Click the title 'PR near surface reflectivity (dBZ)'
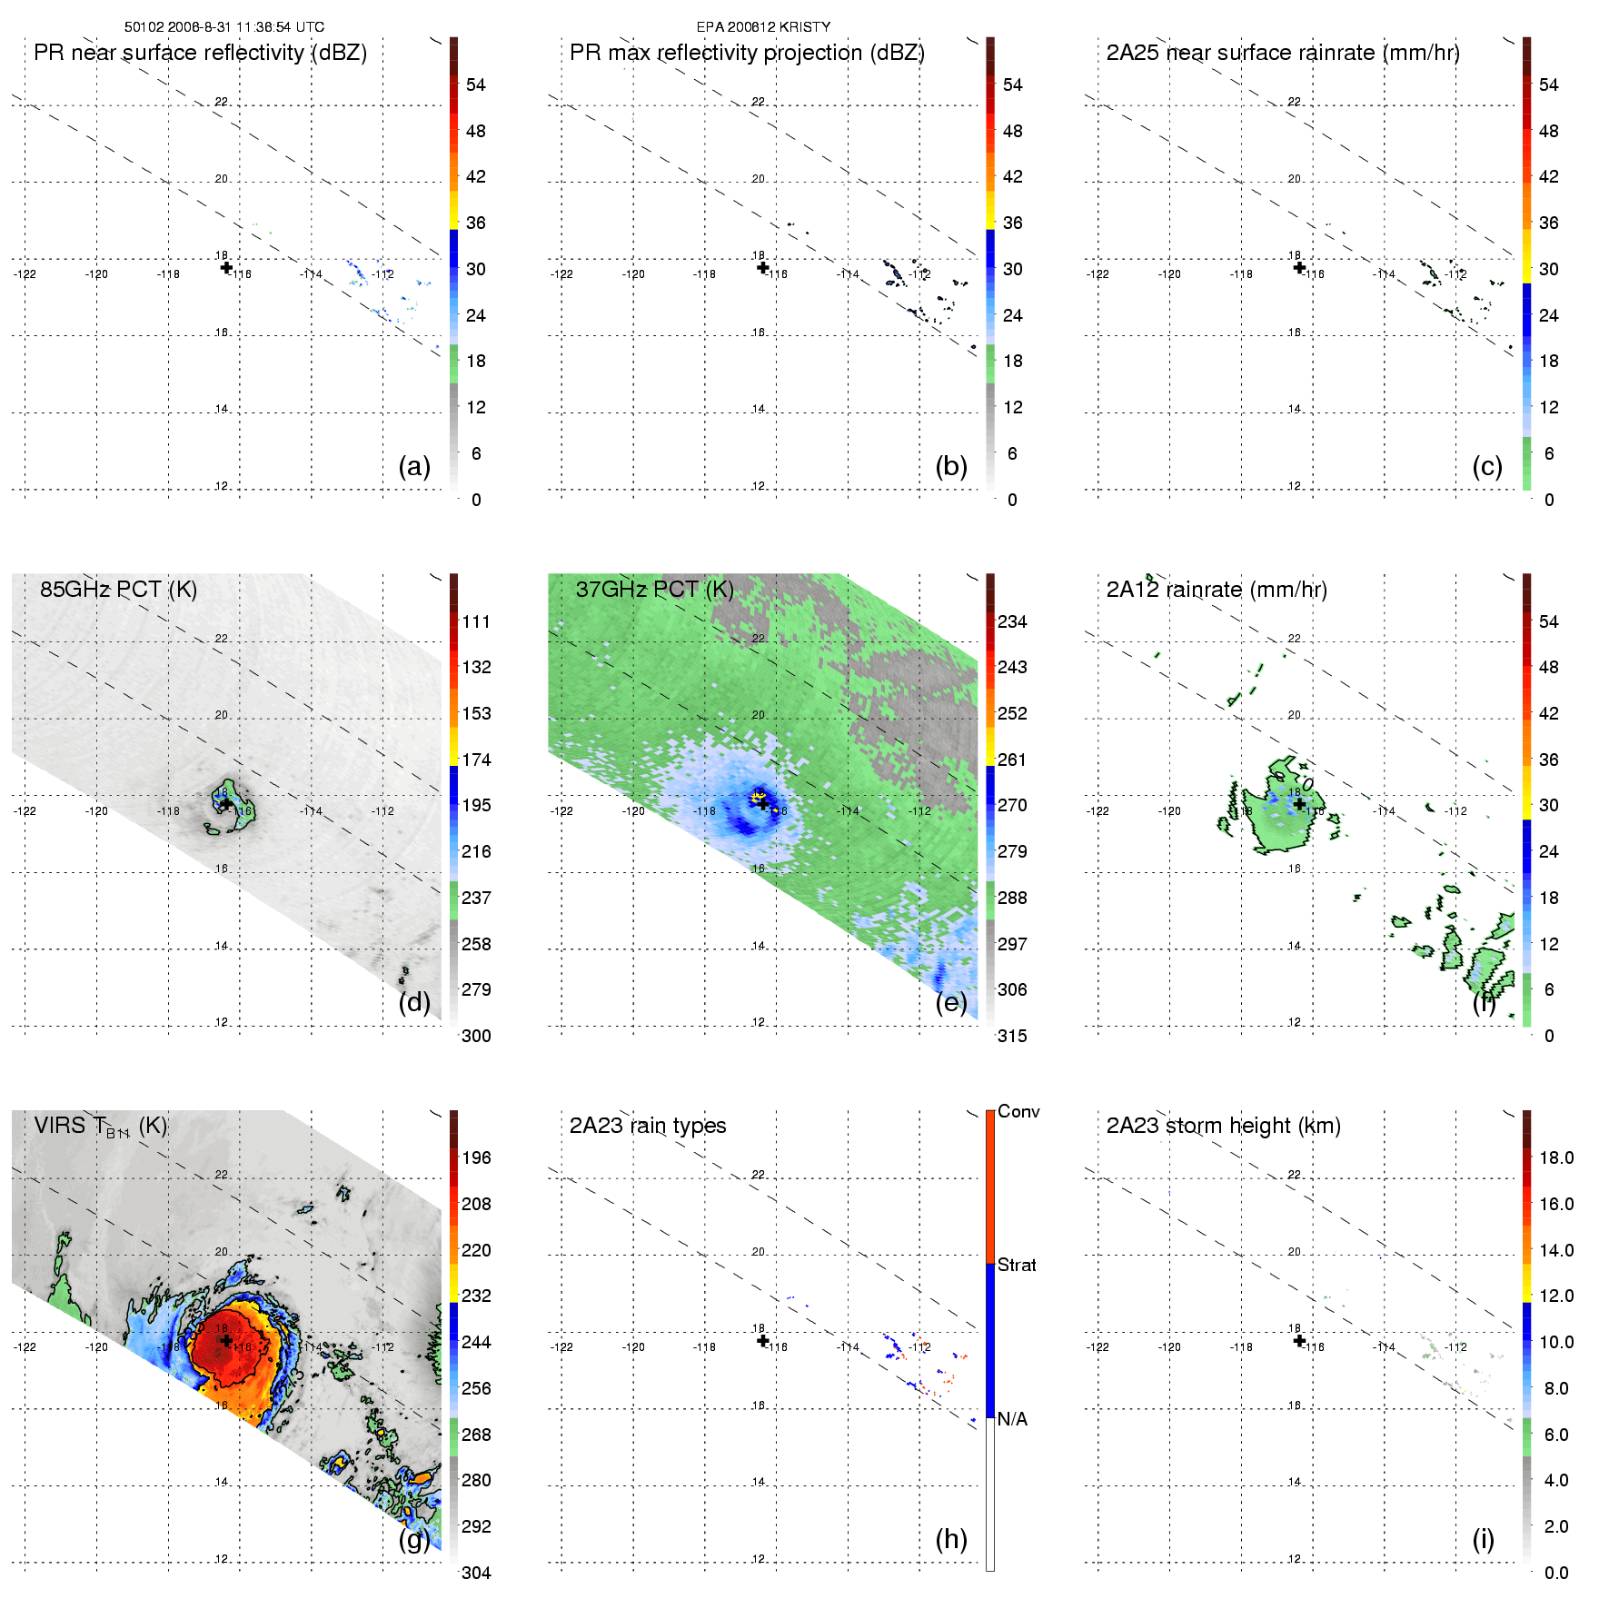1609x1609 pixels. [x=200, y=53]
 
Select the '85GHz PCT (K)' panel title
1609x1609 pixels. [x=118, y=590]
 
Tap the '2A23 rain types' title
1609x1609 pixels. [x=648, y=1126]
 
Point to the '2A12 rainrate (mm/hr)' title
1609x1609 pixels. [x=1217, y=590]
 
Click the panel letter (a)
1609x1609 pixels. [x=414, y=467]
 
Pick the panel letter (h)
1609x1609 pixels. [x=951, y=1539]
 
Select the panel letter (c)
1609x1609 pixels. [x=1487, y=467]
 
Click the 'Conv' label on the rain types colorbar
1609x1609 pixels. [x=1018, y=1111]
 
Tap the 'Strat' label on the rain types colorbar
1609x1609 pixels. [x=1017, y=1265]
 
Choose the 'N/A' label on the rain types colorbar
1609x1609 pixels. [x=1012, y=1419]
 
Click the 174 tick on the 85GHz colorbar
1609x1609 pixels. [x=476, y=760]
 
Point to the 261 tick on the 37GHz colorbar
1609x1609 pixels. [x=1012, y=760]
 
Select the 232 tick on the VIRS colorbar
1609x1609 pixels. [x=476, y=1296]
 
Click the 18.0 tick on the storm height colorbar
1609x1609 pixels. [x=1556, y=1157]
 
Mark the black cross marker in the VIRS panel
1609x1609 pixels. [x=226, y=1340]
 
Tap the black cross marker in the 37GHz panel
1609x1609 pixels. [x=762, y=803]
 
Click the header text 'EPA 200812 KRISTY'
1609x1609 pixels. [x=763, y=27]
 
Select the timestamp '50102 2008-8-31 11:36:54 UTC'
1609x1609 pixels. [x=224, y=27]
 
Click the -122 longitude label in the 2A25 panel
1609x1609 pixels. [x=1097, y=274]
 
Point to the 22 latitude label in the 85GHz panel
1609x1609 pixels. [x=221, y=639]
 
